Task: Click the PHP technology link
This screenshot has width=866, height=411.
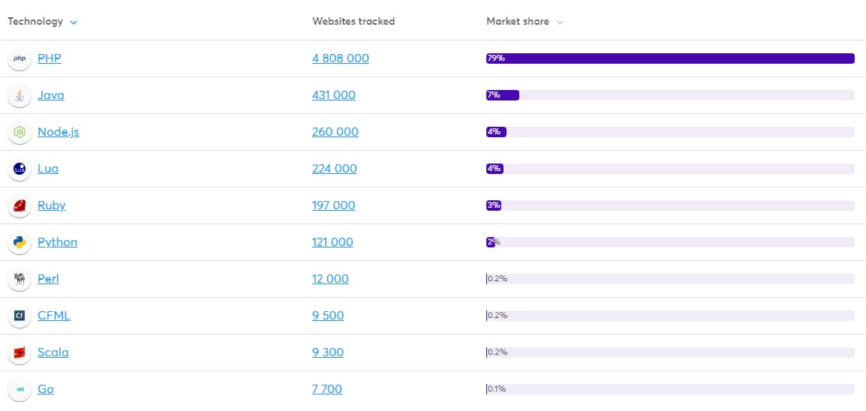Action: (x=50, y=58)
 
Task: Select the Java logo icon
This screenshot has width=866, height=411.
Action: (x=20, y=95)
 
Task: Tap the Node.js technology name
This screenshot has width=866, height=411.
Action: (x=58, y=132)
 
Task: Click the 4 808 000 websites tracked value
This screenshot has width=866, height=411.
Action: (x=340, y=58)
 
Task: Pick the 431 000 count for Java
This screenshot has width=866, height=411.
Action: (x=333, y=95)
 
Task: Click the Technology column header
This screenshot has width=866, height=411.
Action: (x=35, y=21)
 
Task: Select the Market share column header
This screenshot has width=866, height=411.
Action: (x=517, y=21)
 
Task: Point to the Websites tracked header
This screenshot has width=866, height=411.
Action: (x=353, y=21)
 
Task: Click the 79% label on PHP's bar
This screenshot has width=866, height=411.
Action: (x=495, y=58)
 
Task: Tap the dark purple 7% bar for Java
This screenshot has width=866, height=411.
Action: (x=503, y=95)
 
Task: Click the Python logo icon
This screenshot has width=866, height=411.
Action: (x=20, y=242)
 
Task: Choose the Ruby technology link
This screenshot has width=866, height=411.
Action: (x=51, y=205)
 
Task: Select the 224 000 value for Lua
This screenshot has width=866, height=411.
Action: (x=334, y=169)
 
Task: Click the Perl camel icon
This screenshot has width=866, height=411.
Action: (x=20, y=279)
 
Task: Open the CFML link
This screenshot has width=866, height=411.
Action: (x=53, y=316)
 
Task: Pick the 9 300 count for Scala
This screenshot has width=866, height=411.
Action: (x=328, y=352)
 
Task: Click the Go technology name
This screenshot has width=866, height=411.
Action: (x=46, y=389)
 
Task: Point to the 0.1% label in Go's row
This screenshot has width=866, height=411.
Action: (x=497, y=389)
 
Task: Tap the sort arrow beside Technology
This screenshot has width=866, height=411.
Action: (x=74, y=22)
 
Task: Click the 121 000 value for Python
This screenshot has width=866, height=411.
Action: (x=332, y=242)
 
